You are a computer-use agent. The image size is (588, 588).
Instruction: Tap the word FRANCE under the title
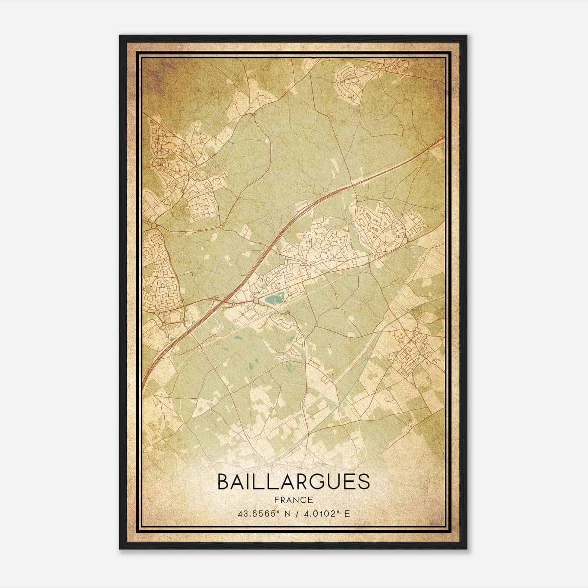point(293,500)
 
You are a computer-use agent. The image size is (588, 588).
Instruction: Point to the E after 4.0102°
point(347,513)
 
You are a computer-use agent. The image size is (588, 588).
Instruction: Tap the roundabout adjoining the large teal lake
point(255,301)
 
